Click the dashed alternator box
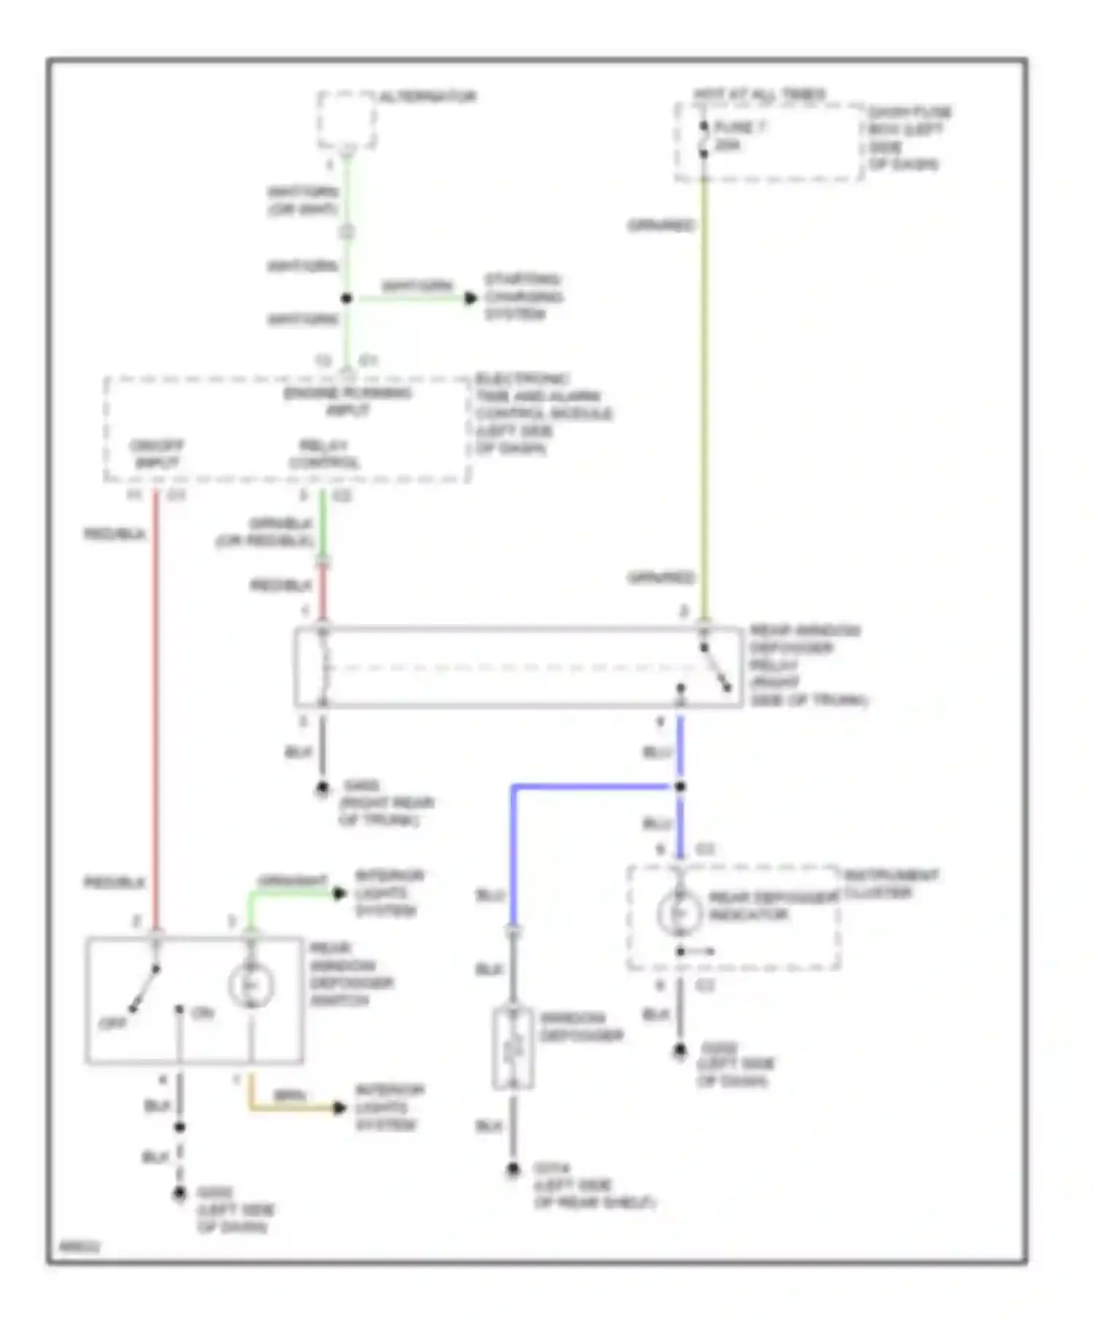346,120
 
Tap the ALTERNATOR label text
428,96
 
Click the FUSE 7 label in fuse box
739,127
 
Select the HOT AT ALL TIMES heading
759,94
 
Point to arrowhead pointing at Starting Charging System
470,298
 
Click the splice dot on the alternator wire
346,298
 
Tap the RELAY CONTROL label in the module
324,454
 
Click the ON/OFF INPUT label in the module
156,454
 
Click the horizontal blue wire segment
591,786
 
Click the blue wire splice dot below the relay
680,786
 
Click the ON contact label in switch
202,1013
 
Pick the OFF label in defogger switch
113,1023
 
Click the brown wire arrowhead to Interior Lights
339,1108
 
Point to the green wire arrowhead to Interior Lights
339,893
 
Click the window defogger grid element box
513,1048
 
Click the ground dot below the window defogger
513,1170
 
